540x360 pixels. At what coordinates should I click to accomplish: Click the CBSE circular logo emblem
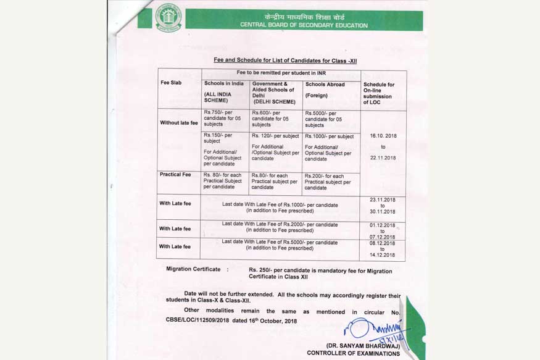pyautogui.click(x=168, y=17)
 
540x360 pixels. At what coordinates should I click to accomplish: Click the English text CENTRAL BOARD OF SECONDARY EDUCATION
pyautogui.click(x=304, y=25)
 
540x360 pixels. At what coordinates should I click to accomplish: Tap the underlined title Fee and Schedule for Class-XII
pyautogui.click(x=285, y=61)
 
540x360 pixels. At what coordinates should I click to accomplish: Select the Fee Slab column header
pyautogui.click(x=171, y=83)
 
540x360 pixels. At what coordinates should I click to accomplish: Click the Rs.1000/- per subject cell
pyautogui.click(x=330, y=136)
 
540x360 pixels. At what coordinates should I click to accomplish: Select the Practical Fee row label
pyautogui.click(x=175, y=175)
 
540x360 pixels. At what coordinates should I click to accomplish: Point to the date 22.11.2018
pyautogui.click(x=383, y=157)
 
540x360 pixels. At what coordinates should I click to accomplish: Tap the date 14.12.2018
pyautogui.click(x=383, y=255)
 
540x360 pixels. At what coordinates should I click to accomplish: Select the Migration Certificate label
pyautogui.click(x=193, y=270)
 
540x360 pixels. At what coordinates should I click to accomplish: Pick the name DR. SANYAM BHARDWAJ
pyautogui.click(x=362, y=345)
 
